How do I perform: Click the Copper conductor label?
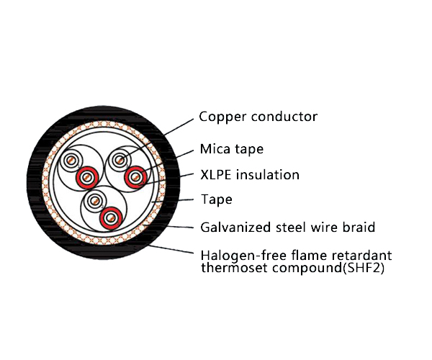[x=258, y=117]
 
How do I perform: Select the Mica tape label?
[x=231, y=150]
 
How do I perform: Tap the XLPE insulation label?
[x=249, y=175]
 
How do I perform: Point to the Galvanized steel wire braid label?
[x=287, y=228]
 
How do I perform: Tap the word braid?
[x=358, y=228]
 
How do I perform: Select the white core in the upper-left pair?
[x=73, y=161]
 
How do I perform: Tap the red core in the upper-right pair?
[x=135, y=176]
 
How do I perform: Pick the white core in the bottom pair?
[x=94, y=202]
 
